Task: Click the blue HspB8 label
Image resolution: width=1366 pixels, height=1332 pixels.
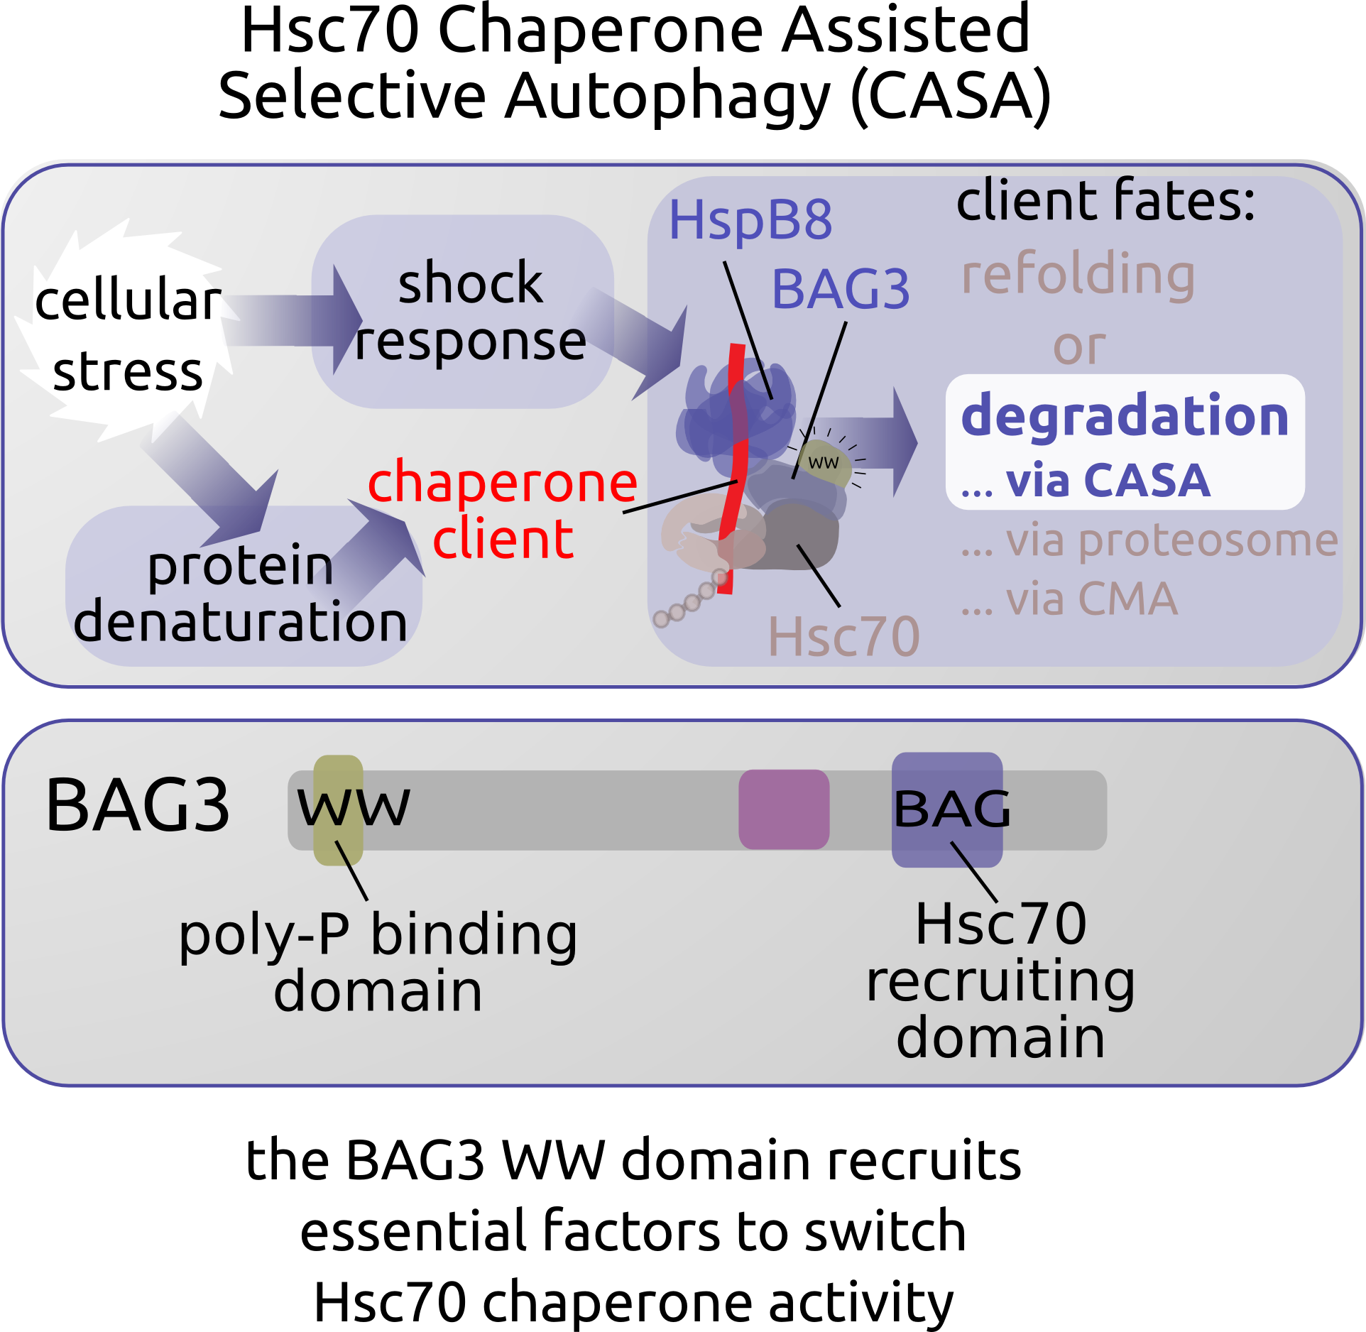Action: [x=750, y=220]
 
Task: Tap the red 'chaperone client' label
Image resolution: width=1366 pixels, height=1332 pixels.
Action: [x=503, y=510]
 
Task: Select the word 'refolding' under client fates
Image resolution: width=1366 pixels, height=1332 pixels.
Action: [x=1078, y=275]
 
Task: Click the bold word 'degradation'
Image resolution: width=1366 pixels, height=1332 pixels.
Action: [x=1125, y=416]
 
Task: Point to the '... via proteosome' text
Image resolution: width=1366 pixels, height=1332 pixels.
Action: [x=1149, y=541]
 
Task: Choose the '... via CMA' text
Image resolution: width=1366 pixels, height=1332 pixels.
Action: [x=1069, y=599]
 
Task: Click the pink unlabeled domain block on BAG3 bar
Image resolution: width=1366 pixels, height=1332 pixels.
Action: [x=784, y=809]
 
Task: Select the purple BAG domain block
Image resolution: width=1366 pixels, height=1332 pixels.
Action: [x=947, y=809]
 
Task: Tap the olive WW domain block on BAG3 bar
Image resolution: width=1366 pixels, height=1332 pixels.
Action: [x=339, y=809]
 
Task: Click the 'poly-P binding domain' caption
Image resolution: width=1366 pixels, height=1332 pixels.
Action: [x=378, y=961]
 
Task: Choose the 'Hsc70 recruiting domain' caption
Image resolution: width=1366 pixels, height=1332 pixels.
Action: [x=1000, y=980]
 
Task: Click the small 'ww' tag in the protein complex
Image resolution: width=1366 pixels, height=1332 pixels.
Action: [x=824, y=463]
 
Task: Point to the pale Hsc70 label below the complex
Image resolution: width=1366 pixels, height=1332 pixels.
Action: [x=843, y=637]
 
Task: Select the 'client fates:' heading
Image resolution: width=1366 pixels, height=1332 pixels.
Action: [x=1105, y=202]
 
